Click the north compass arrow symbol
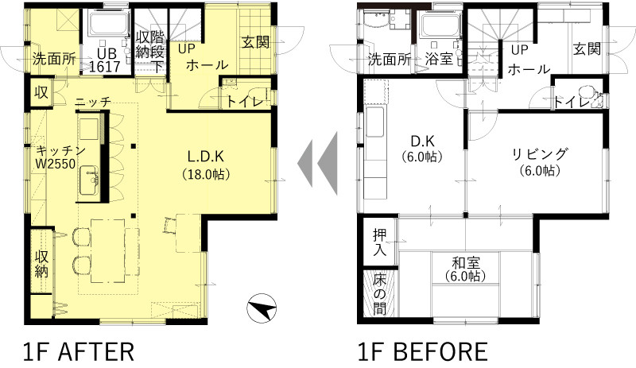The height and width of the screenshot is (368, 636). tap(262, 308)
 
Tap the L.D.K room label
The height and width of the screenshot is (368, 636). tap(206, 157)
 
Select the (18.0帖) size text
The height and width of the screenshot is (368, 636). tap(206, 175)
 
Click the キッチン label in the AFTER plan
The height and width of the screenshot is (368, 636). tap(61, 151)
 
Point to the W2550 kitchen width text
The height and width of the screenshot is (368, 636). tap(56, 165)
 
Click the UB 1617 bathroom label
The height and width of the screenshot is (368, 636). tap(105, 60)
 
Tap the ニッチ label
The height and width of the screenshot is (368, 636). tap(93, 103)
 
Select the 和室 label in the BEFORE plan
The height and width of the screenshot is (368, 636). tap(465, 262)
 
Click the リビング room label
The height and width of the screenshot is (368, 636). tap(539, 154)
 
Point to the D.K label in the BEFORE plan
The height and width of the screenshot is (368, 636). tap(422, 141)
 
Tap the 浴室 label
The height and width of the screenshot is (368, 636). tap(439, 60)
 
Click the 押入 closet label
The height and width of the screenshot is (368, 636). tap(380, 242)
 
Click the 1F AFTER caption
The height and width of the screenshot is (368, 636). tap(78, 352)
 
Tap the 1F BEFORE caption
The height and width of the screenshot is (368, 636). tap(422, 352)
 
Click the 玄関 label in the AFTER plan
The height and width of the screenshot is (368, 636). tap(256, 42)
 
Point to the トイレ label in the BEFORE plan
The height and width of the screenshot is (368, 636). tap(572, 103)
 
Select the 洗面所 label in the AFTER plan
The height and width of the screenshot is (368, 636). tap(54, 60)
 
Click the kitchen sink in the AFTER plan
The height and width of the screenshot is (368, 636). tap(89, 180)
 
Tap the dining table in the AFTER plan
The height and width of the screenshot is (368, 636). tap(107, 250)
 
